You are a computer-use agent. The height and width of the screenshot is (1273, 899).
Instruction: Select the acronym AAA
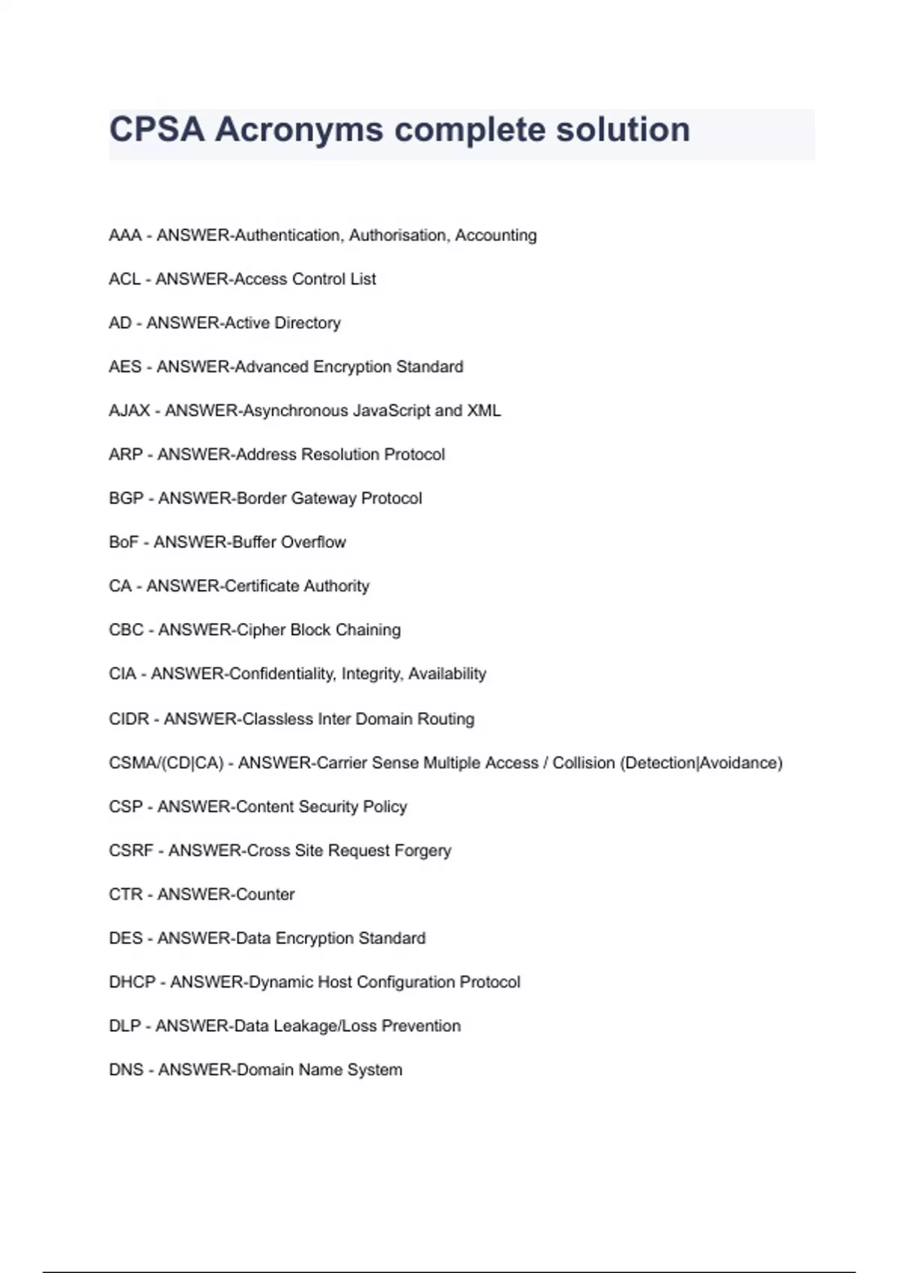coord(125,235)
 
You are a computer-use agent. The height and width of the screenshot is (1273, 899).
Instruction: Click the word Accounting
coord(496,235)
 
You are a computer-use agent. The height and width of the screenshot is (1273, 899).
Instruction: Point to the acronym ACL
coord(124,279)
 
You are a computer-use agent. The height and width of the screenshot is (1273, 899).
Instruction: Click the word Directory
coord(307,323)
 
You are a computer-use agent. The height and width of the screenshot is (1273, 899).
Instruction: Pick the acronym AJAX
coord(130,410)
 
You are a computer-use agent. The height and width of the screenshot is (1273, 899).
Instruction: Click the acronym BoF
coord(124,541)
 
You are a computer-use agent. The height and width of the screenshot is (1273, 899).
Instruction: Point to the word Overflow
coord(313,541)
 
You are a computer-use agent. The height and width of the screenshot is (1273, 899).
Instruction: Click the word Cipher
coord(260,630)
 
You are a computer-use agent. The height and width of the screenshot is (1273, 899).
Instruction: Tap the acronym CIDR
coord(129,719)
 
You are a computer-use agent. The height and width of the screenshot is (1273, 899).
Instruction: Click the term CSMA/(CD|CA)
coord(166,762)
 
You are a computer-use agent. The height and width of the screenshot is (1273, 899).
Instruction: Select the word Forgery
coord(423,851)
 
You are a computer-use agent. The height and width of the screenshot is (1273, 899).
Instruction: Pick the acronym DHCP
coord(132,982)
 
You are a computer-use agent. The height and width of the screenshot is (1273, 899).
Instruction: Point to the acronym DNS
coord(126,1069)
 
